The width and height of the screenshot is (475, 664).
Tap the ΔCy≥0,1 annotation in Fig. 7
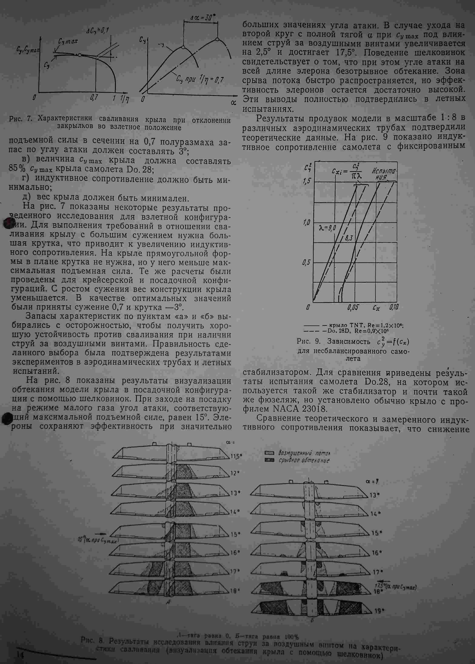coord(98,30)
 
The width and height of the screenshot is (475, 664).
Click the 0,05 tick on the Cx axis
coord(353,307)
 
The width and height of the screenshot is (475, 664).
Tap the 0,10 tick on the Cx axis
coord(394,307)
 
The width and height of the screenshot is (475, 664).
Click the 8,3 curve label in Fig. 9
coord(349,238)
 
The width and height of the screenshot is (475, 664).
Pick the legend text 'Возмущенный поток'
coord(304,453)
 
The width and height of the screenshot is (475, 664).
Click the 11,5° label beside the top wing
coord(236,456)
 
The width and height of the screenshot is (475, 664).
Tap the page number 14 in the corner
coord(20,655)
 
